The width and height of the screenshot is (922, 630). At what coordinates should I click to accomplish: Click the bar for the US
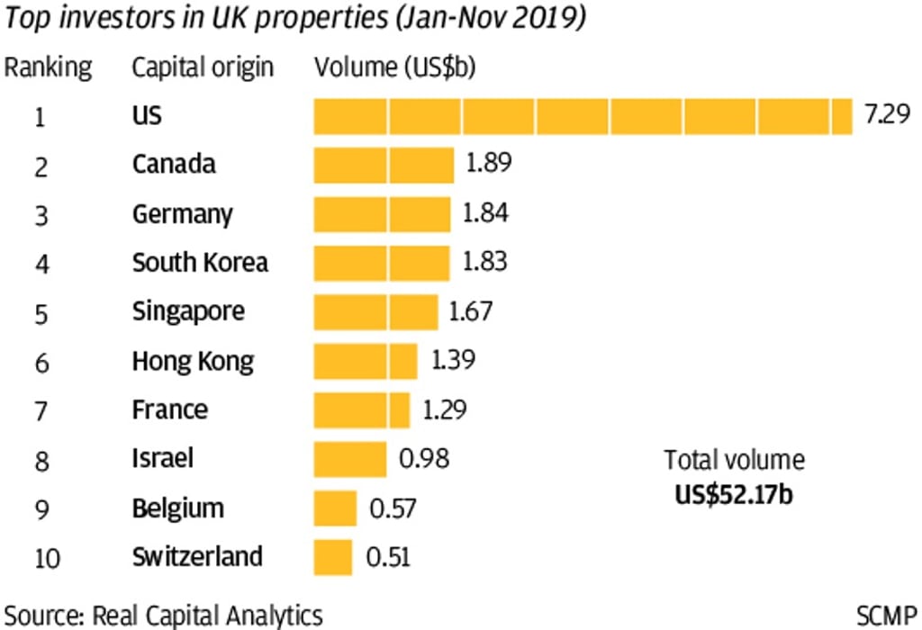583,116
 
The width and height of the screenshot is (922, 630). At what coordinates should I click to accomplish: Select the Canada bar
384,165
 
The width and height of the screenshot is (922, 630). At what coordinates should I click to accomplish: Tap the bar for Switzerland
332,557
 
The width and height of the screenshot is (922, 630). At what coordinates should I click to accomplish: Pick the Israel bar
349,459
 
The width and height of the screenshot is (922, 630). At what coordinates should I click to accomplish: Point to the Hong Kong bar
365,361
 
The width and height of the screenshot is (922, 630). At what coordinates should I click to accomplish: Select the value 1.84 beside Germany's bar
486,213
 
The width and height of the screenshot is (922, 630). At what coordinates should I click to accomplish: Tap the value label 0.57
393,508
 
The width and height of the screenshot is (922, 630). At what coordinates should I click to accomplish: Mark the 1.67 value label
471,311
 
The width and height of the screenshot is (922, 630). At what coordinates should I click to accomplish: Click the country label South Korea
200,262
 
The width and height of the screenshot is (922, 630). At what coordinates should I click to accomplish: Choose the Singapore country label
188,311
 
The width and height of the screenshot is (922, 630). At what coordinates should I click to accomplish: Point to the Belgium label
177,508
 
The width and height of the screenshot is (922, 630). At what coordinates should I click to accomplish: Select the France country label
169,409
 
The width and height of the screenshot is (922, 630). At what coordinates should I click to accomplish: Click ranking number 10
47,558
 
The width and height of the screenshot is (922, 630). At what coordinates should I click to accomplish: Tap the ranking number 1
40,117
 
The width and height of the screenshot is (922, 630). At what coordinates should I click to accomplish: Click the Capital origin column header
203,67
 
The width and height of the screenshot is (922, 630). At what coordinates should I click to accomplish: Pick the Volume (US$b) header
394,67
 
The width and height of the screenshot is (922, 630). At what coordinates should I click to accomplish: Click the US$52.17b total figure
735,494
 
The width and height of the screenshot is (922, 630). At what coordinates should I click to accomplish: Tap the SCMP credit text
887,616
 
